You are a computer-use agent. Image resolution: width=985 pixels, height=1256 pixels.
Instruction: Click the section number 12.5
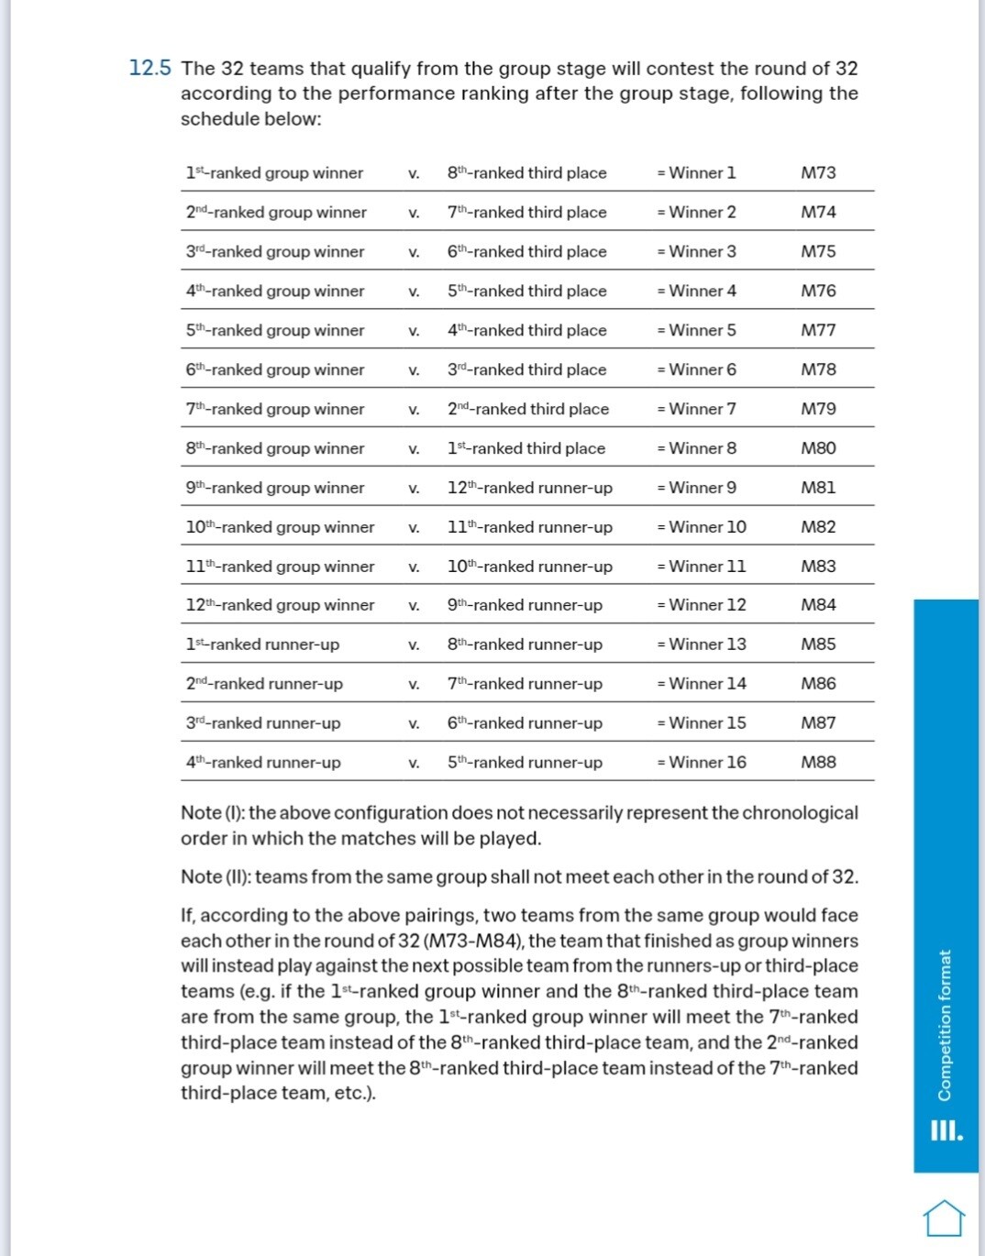[149, 68]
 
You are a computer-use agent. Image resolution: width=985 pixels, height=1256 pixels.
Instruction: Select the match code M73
[818, 172]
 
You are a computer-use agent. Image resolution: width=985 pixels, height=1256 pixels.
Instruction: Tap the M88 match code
[818, 762]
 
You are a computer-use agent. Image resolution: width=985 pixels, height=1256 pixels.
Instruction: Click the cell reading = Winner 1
[696, 172]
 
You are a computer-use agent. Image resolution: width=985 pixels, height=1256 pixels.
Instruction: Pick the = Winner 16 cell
[702, 762]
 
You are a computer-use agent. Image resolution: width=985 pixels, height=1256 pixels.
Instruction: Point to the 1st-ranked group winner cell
[274, 172]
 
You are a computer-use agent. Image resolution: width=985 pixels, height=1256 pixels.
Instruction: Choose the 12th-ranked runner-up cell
[529, 488]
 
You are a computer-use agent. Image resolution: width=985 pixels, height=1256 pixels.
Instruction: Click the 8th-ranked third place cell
[526, 172]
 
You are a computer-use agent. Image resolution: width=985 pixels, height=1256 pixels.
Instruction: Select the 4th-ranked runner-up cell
[263, 762]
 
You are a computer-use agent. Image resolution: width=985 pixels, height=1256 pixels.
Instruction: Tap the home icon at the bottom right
[944, 1217]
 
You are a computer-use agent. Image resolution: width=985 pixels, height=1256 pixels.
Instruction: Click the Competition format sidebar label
[944, 1024]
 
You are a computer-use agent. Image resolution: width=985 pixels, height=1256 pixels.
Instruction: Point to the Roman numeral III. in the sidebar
[946, 1130]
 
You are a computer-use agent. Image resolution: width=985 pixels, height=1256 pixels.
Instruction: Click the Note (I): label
[213, 813]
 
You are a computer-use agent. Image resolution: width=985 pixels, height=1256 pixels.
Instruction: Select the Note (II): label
[216, 876]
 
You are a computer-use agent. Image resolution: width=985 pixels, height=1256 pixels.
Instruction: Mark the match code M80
[818, 448]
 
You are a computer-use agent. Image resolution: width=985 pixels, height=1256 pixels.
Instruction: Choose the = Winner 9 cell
[696, 488]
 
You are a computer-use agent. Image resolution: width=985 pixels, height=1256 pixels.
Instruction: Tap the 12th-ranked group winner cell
[280, 605]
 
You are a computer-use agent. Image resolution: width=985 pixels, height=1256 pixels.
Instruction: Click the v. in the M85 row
[414, 645]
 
